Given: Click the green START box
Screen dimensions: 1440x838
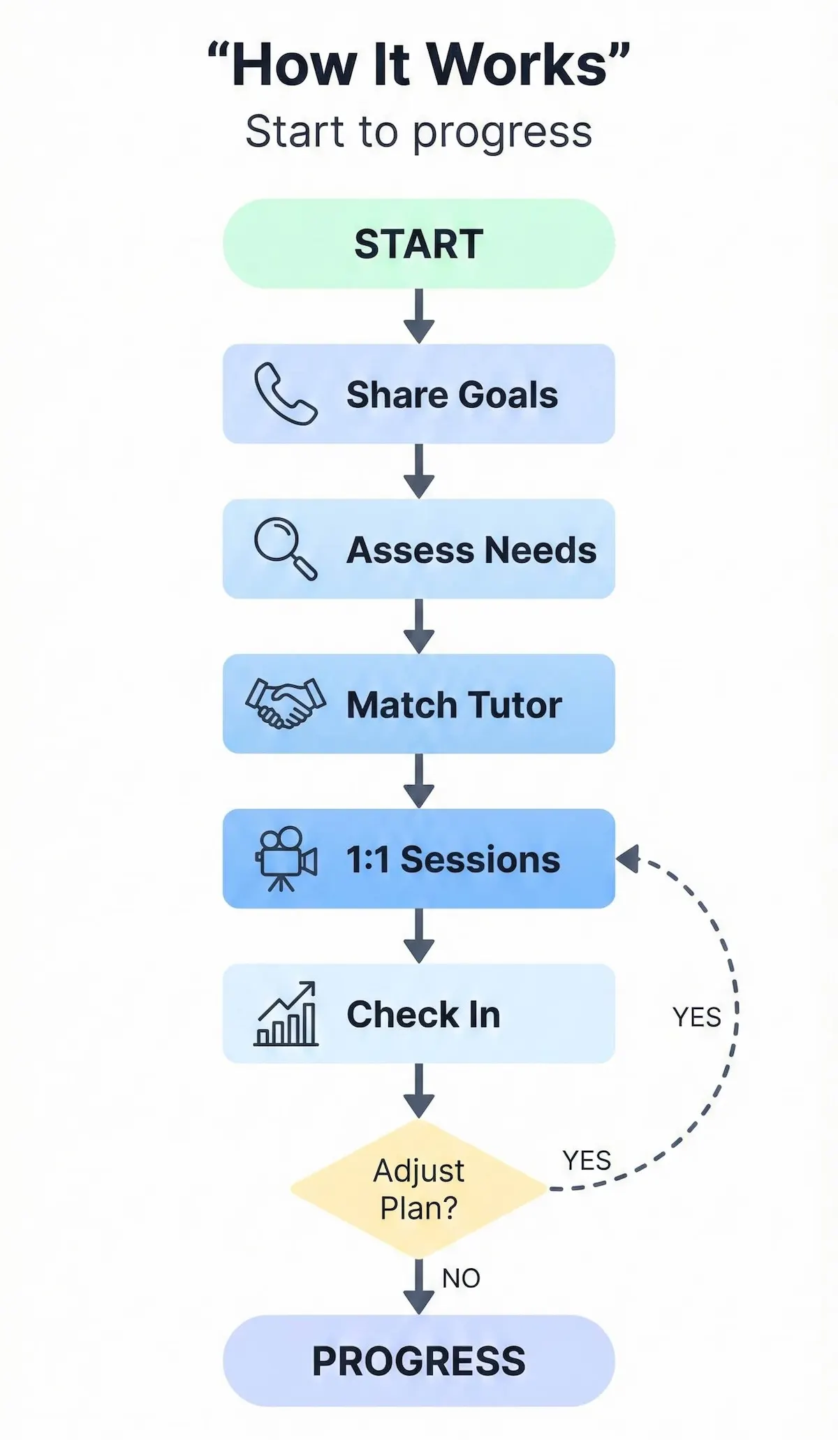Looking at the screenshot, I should click(419, 244).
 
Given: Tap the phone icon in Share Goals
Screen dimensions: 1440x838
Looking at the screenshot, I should click(285, 394).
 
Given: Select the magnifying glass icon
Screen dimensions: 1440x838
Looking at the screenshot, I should click(285, 548).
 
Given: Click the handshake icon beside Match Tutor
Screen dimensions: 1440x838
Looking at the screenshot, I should click(285, 703).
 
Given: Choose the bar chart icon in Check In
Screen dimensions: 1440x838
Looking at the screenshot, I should click(286, 1014).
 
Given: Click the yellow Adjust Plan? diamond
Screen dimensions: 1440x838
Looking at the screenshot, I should click(419, 1189).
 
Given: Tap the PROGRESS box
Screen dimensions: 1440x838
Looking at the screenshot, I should click(419, 1360).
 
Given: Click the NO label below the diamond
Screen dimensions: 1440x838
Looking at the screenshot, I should click(461, 1278).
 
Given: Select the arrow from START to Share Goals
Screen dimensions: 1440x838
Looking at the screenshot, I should click(419, 316).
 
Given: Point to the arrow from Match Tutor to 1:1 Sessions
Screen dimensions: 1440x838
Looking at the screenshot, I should click(419, 781).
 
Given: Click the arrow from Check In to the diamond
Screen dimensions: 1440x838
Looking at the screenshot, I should click(419, 1091).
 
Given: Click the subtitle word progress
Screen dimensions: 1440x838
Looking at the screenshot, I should click(502, 133).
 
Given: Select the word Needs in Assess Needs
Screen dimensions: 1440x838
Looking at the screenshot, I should click(541, 550).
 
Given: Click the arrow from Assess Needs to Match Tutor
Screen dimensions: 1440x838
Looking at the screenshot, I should click(419, 626).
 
